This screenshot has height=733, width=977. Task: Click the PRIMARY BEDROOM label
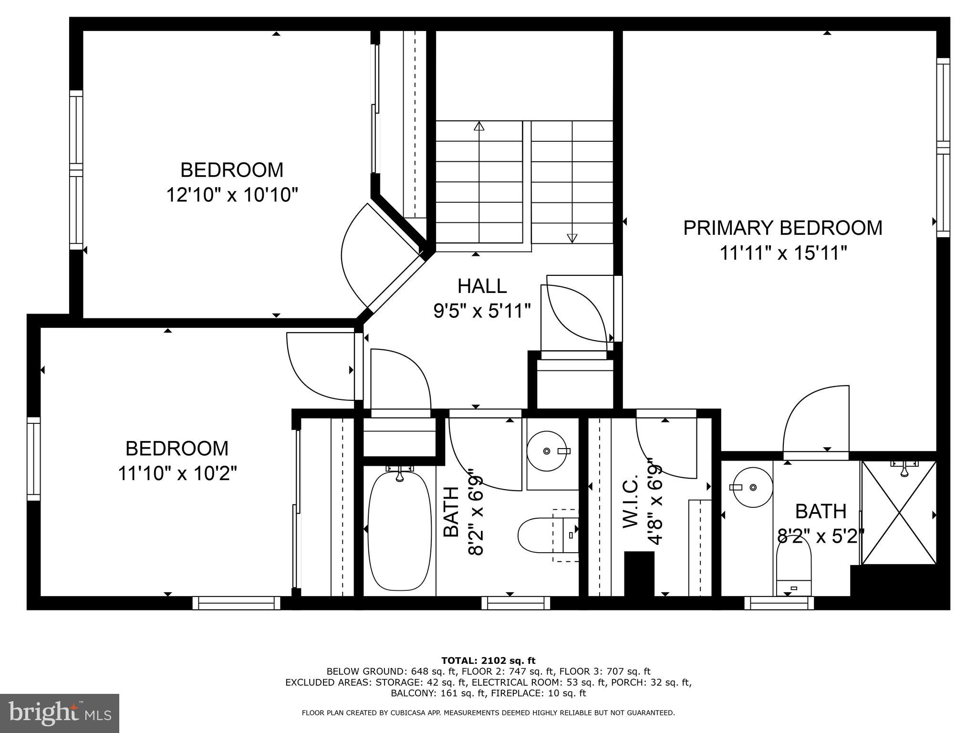[782, 228]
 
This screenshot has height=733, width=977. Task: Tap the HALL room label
[482, 286]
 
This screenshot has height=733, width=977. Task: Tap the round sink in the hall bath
[547, 451]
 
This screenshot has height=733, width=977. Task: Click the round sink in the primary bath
[753, 487]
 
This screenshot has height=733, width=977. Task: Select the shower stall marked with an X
[899, 513]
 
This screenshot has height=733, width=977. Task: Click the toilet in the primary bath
[794, 570]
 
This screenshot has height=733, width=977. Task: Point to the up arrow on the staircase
[479, 126]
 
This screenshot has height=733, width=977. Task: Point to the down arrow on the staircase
[572, 238]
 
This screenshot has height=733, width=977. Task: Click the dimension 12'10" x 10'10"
[232, 195]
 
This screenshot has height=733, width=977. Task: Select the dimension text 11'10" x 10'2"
[177, 474]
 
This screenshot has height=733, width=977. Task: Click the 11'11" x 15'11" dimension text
[783, 253]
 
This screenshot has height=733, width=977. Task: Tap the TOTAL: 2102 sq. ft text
[488, 661]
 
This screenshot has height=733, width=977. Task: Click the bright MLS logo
[60, 713]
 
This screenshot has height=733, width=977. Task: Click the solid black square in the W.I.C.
[639, 573]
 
